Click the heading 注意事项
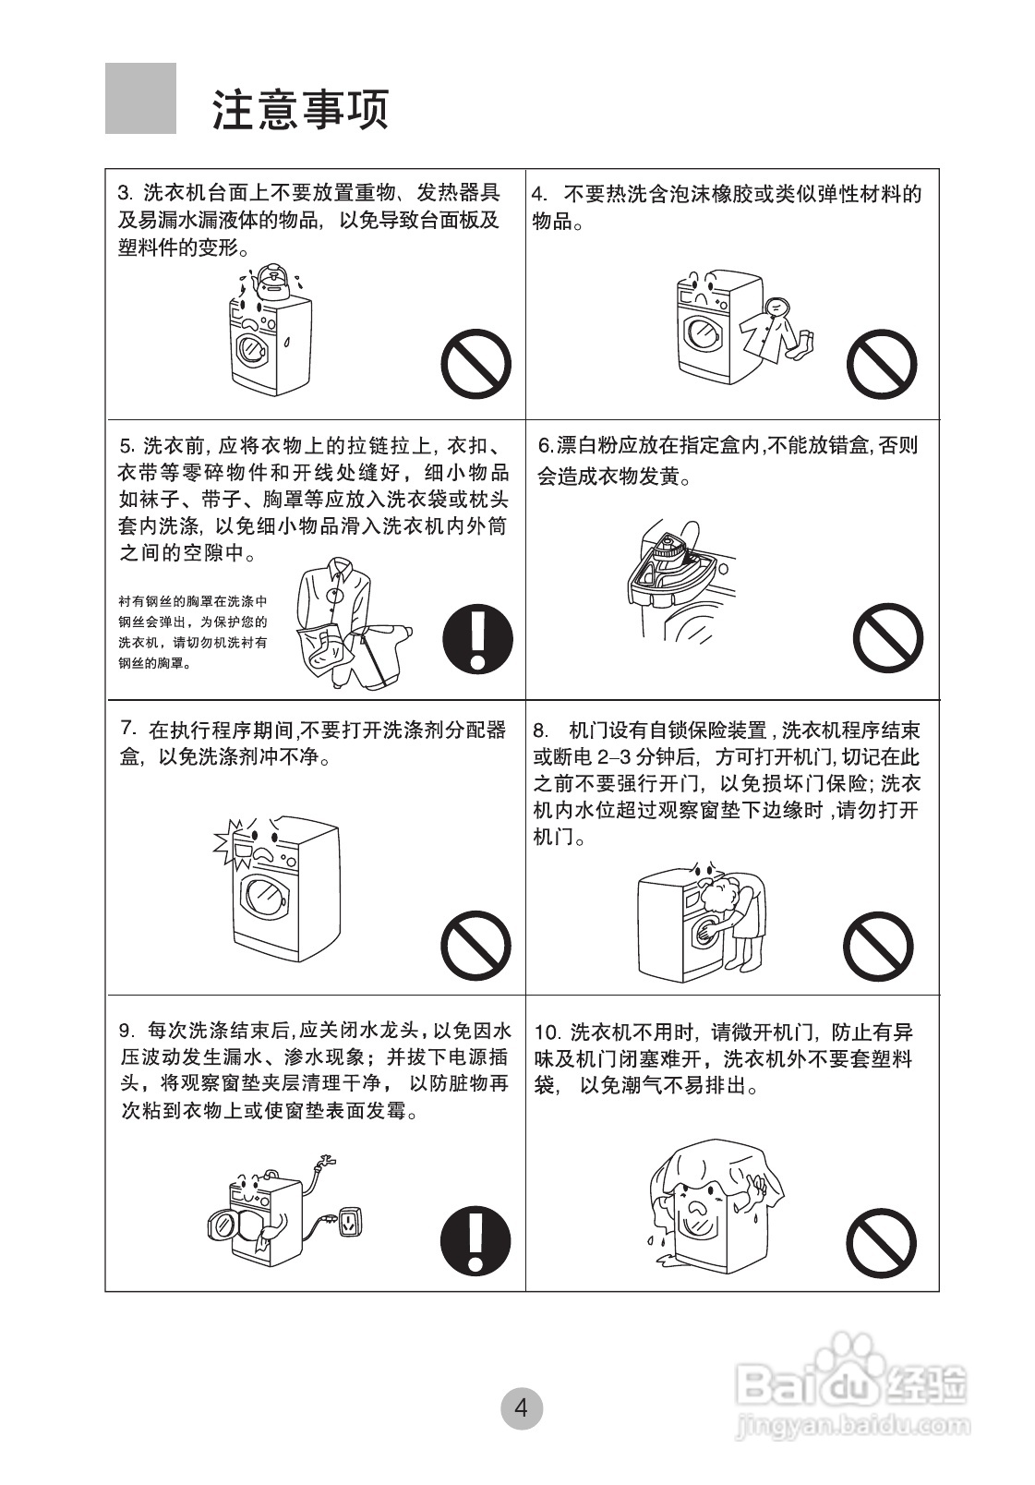point(301,109)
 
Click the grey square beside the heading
point(140,98)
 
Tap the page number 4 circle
point(522,1408)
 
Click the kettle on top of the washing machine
point(272,282)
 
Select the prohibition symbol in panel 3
point(475,364)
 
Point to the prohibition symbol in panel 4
point(882,364)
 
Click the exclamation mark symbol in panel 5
point(477,639)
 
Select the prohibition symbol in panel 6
point(887,638)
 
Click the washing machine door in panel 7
point(265,897)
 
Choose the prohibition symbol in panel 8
point(878,947)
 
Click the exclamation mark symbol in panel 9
point(475,1239)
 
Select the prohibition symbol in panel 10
point(882,1243)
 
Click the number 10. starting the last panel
point(548,1032)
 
